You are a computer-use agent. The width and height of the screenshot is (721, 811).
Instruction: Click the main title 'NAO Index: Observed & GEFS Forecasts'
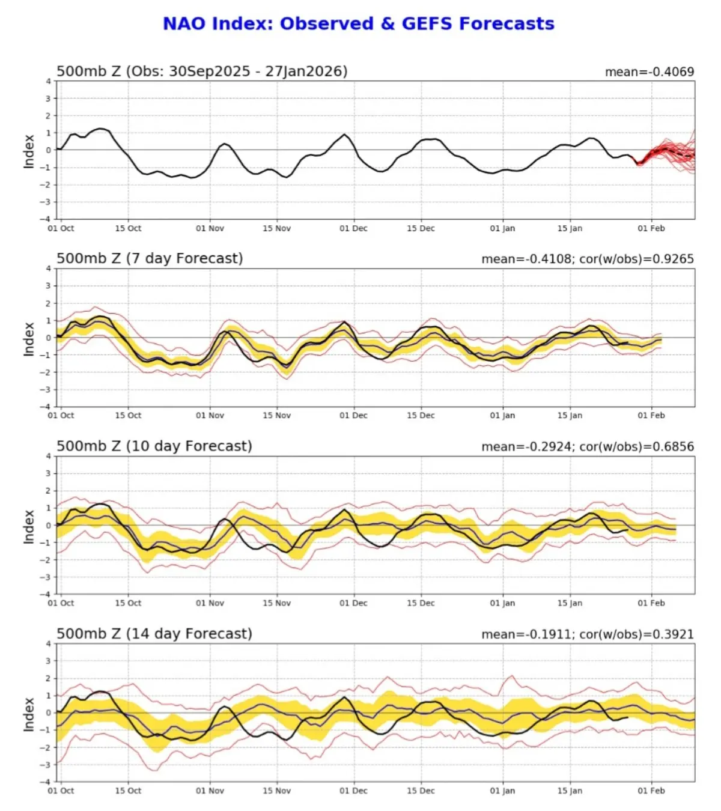point(359,23)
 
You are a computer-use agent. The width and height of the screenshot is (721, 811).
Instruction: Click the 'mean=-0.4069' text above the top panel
point(649,72)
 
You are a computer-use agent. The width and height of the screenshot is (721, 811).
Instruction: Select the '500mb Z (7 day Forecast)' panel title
point(150,258)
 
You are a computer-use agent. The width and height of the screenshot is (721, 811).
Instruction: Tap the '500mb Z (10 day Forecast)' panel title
point(154,446)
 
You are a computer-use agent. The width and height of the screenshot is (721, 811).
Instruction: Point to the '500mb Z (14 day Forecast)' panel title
point(154,634)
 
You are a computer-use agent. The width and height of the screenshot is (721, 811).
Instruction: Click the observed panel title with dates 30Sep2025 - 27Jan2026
point(202,71)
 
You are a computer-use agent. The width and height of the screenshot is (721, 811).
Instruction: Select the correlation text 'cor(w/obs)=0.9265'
point(636,259)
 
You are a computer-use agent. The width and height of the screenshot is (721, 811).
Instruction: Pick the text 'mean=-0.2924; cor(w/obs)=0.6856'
point(587,446)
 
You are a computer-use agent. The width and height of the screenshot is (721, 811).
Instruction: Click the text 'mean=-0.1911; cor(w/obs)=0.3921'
point(587,634)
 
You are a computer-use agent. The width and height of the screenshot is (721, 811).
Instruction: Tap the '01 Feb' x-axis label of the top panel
point(651,228)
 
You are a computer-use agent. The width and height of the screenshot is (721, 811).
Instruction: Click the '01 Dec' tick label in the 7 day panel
point(353,415)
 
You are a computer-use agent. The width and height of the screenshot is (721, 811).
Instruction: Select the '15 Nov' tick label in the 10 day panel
point(276,603)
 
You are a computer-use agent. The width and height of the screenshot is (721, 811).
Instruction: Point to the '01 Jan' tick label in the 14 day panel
point(502,791)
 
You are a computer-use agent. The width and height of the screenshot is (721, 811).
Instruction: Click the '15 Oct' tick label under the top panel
point(128,228)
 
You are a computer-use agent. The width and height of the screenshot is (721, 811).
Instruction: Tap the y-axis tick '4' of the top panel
point(49,81)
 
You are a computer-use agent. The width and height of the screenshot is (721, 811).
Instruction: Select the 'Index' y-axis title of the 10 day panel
point(28,526)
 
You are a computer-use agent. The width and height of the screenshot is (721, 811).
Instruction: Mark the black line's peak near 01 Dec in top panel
point(344,135)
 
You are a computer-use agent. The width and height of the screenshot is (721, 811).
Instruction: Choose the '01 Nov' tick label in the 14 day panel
point(210,791)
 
